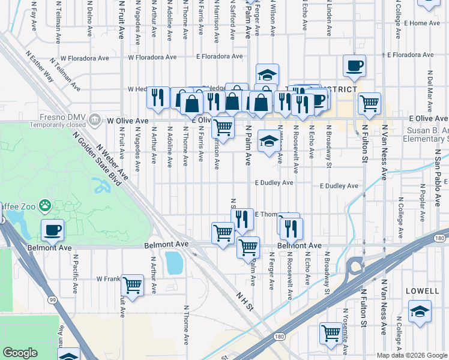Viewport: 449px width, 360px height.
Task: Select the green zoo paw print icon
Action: pos(45,206)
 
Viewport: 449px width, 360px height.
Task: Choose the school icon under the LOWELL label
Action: pos(420,311)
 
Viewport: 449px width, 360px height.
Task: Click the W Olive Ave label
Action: pos(128,121)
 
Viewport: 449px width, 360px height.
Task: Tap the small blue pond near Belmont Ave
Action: pos(173,262)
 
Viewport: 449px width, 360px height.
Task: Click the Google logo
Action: pos(20,353)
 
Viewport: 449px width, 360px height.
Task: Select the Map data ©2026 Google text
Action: pos(412,355)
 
